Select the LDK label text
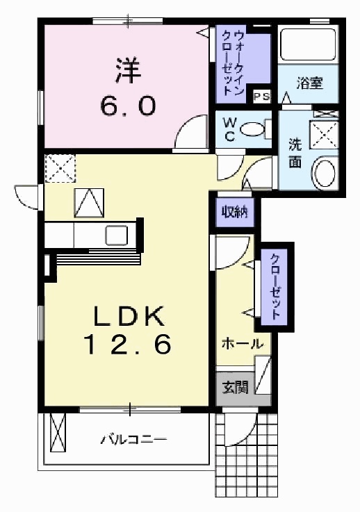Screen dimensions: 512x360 (129, 317)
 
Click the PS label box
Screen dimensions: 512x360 (261, 97)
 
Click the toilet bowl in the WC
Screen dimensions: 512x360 (255, 128)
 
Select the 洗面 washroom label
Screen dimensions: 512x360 (295, 154)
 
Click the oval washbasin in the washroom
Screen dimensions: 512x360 (324, 172)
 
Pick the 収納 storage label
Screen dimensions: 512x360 (234, 211)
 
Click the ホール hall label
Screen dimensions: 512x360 (242, 344)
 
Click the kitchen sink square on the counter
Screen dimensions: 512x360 (116, 236)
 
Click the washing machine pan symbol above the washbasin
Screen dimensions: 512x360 (324, 133)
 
